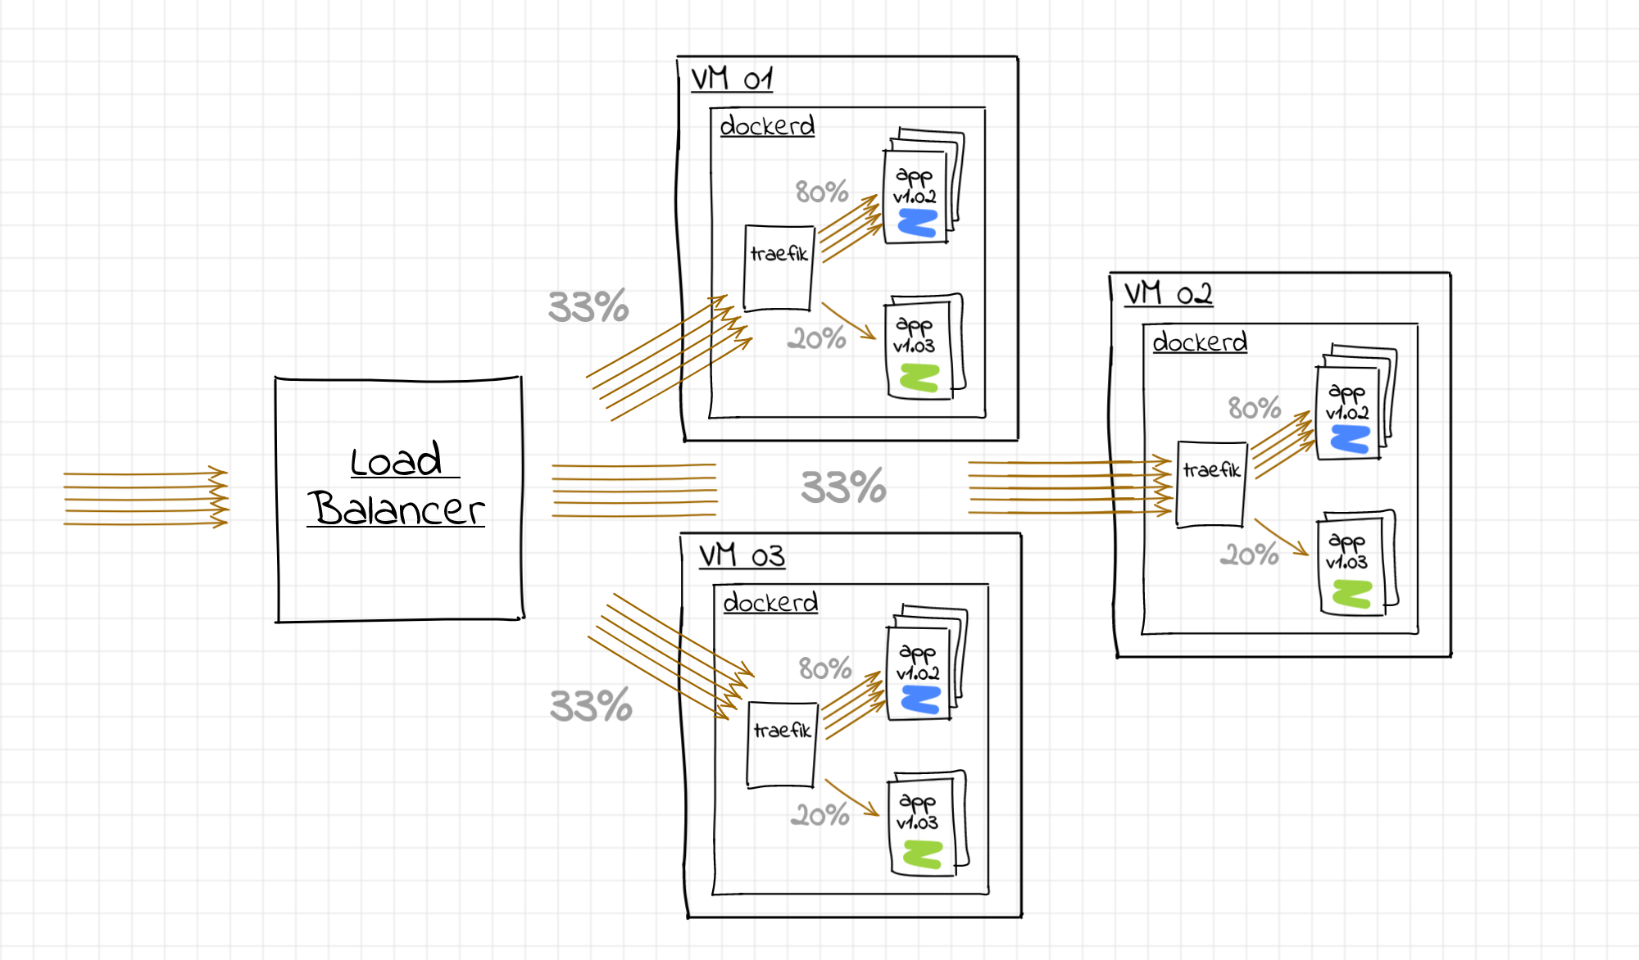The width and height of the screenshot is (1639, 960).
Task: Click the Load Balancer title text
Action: (397, 485)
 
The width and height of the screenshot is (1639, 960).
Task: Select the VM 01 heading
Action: (732, 79)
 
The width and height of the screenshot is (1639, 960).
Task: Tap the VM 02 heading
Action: (1168, 293)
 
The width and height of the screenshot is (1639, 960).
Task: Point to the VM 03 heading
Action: (742, 555)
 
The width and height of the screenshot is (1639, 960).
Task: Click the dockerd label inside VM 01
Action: (767, 125)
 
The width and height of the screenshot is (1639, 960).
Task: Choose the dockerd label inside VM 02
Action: (1200, 342)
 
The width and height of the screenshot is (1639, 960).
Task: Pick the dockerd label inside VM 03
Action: (770, 602)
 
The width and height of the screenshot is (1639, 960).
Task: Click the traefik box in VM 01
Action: (779, 269)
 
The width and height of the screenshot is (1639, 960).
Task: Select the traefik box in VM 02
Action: (1211, 484)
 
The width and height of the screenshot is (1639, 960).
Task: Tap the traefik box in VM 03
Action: (782, 745)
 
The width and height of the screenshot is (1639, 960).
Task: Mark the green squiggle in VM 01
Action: (919, 378)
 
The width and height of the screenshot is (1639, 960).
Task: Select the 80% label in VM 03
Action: (825, 668)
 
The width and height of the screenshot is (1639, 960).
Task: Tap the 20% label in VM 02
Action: (1249, 555)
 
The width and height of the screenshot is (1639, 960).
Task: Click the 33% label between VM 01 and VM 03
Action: (843, 487)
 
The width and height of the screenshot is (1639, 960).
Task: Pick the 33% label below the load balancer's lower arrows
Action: (591, 705)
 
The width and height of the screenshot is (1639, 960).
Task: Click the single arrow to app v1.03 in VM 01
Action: (849, 321)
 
